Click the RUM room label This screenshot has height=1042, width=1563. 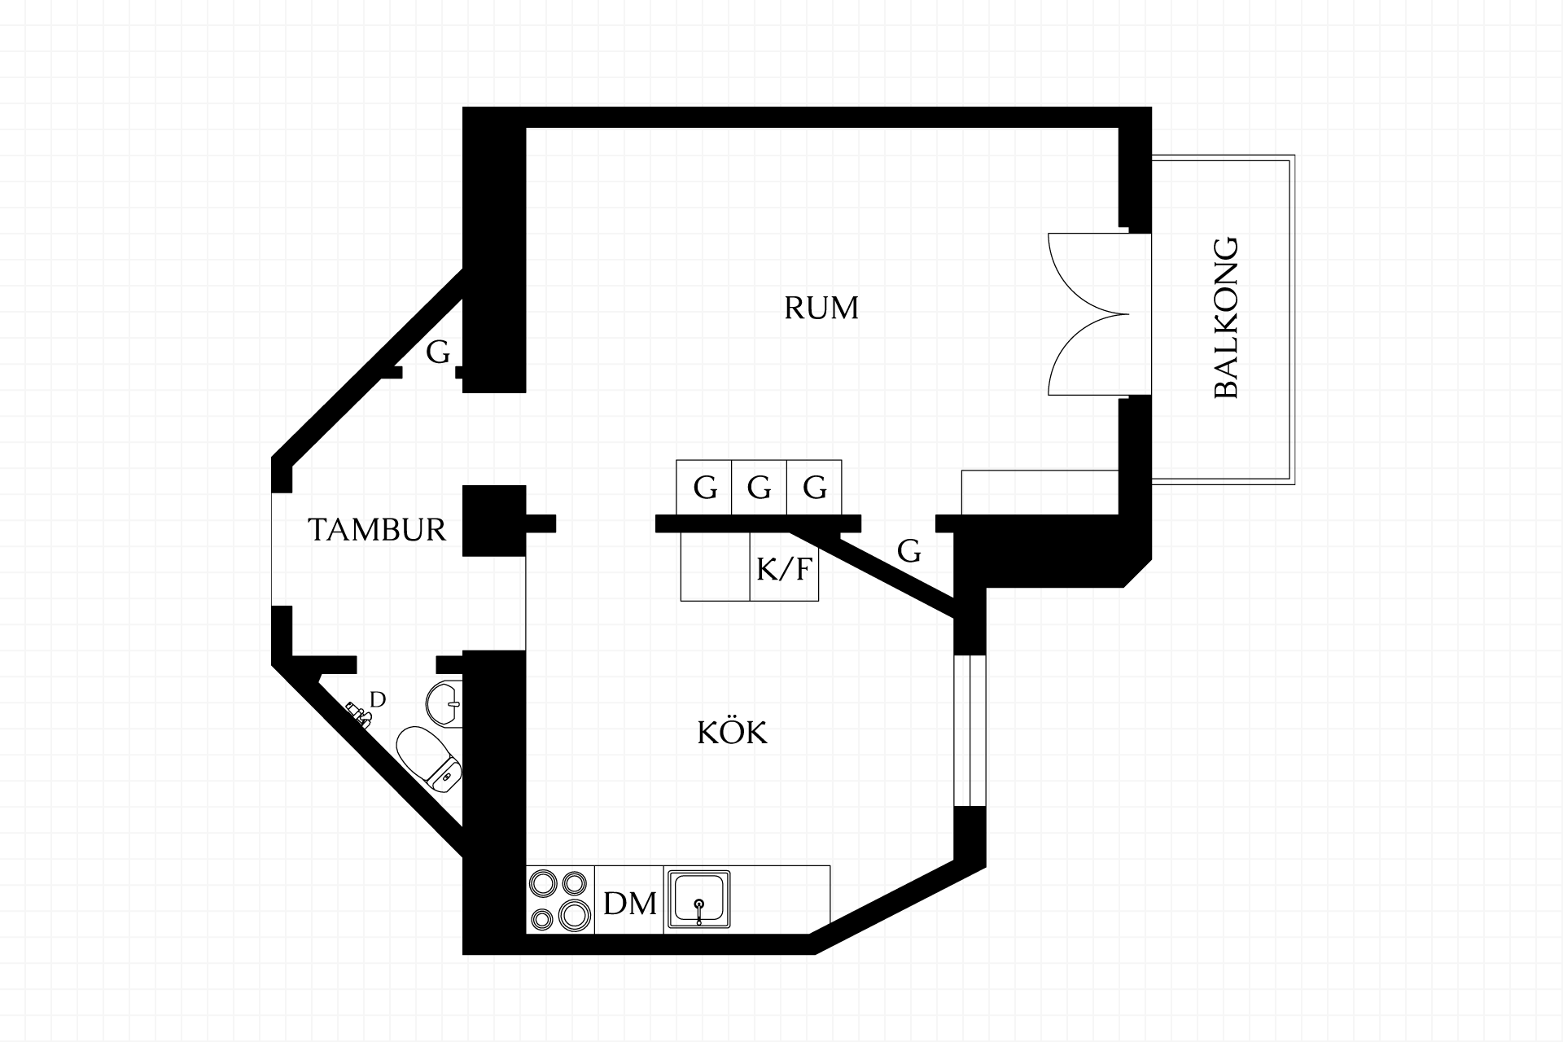pos(821,309)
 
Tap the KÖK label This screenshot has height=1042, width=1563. pos(733,733)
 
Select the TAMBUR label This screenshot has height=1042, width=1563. pos(378,530)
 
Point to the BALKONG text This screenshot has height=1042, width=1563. pos(1225,317)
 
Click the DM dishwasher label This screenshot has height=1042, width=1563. pos(630,904)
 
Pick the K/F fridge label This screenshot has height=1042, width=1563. pos(784,570)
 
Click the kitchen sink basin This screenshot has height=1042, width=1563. pos(698,900)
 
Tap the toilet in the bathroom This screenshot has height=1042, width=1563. pos(430,760)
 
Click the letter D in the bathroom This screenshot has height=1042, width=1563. pos(378,699)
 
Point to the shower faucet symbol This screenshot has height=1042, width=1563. pos(359,713)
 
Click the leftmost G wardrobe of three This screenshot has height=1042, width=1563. pos(704,488)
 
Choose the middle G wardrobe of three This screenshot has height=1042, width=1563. pos(760,488)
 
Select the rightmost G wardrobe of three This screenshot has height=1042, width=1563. pos(814,488)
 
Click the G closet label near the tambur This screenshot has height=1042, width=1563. pos(438,353)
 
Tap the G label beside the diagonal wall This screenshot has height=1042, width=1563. pos(909,552)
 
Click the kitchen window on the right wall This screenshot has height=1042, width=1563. pos(970,729)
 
